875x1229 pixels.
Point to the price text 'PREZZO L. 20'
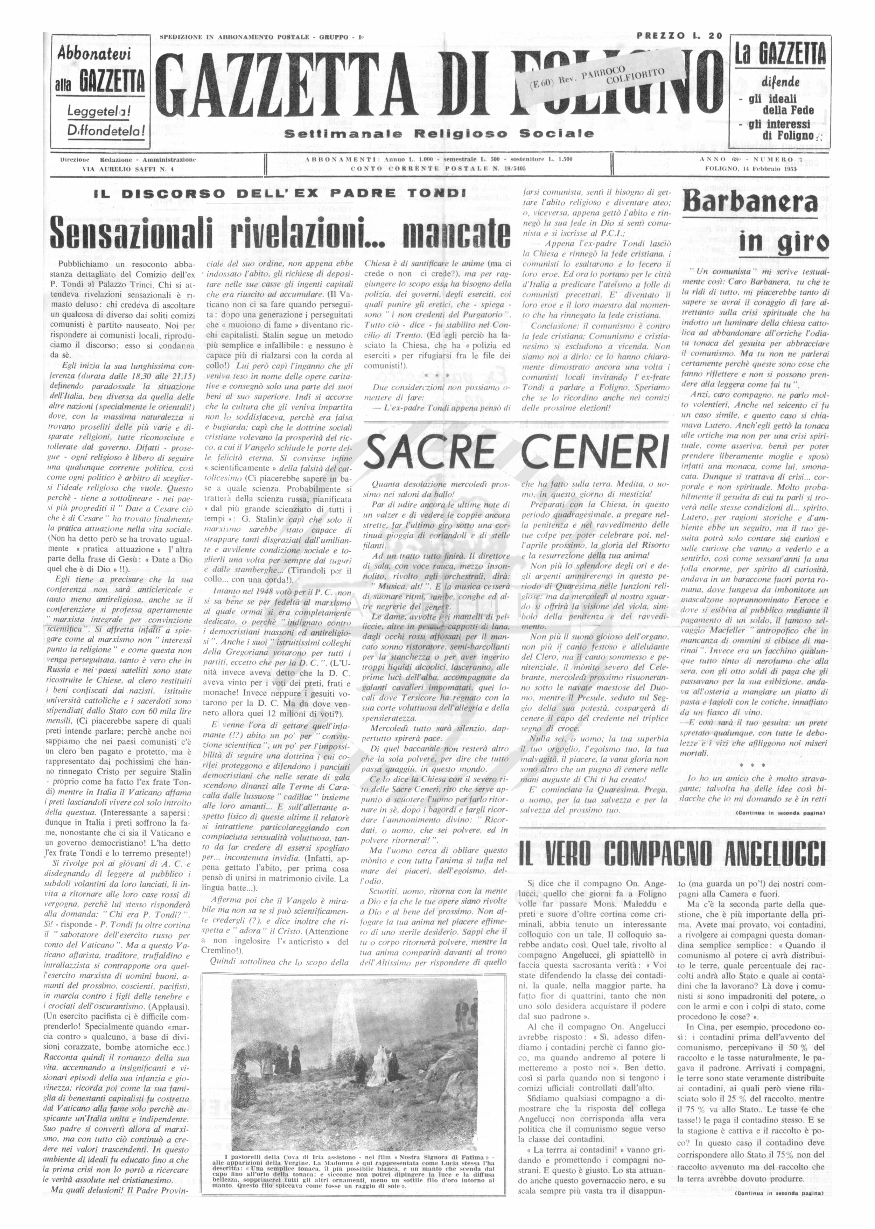pyautogui.click(x=679, y=36)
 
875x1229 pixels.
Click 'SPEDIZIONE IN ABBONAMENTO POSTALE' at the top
pyautogui.click(x=234, y=37)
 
